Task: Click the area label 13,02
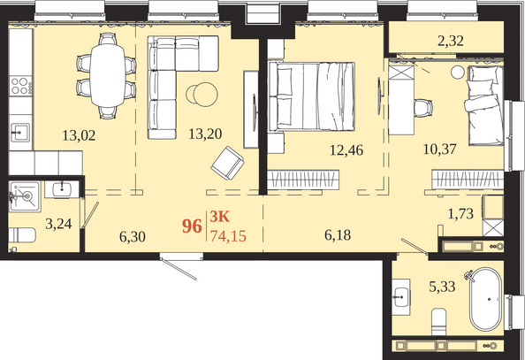click(79, 135)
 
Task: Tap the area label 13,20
click(205, 134)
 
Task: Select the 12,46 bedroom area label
click(346, 149)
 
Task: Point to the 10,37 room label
click(439, 149)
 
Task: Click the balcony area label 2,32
click(451, 41)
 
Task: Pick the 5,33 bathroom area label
click(442, 287)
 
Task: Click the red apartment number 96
click(192, 226)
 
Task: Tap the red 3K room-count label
click(220, 217)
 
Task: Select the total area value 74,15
click(228, 236)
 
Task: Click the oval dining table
click(108, 75)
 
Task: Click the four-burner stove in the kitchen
click(20, 86)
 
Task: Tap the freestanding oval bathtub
click(485, 299)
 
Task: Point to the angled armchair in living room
click(227, 164)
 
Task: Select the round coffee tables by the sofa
click(202, 94)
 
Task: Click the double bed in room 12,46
click(311, 96)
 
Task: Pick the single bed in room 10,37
click(484, 105)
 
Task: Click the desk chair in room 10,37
click(423, 108)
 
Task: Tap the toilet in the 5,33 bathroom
click(438, 322)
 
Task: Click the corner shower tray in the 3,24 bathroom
click(25, 196)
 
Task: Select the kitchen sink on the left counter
click(20, 133)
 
